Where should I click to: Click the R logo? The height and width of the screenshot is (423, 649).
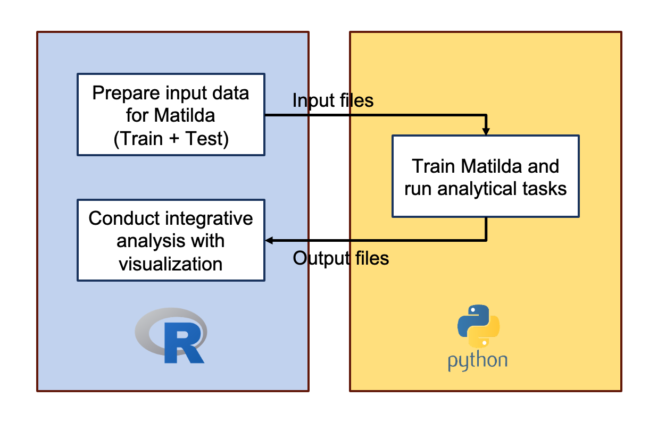coord(171,337)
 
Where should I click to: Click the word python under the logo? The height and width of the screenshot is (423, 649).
coord(478,361)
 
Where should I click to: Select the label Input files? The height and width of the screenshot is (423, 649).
coord(333,100)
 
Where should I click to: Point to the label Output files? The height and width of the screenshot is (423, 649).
coord(341,258)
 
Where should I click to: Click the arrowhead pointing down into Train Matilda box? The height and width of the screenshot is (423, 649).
coord(486,130)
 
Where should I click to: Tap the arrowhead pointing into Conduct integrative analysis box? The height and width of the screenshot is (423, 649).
coord(269,241)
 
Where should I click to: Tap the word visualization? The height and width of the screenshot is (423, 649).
coord(170,264)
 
